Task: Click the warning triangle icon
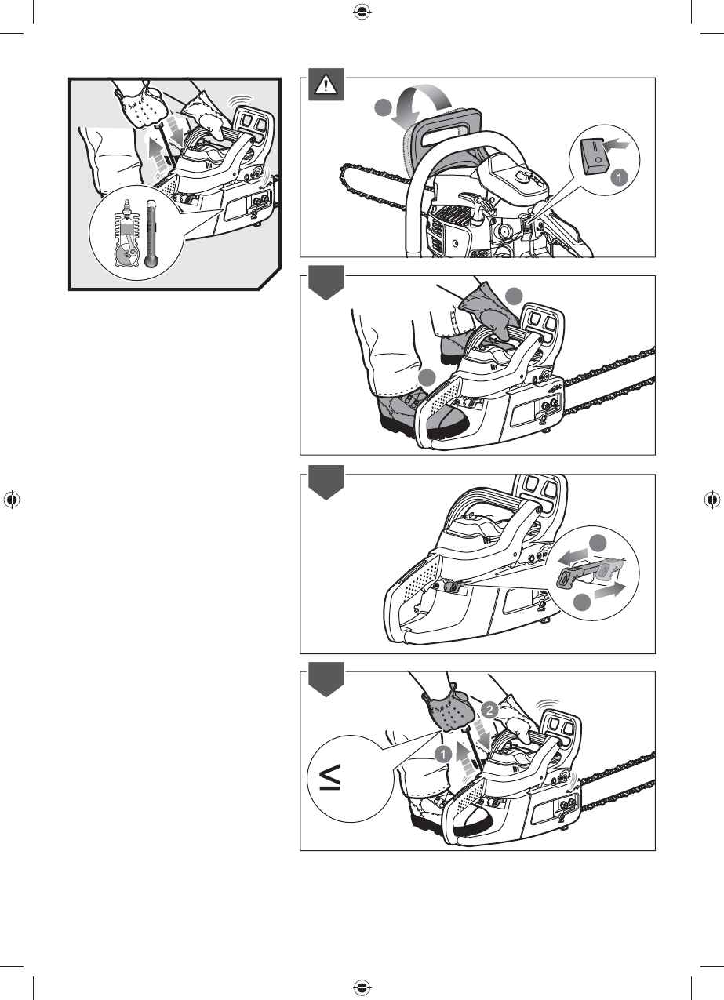coord(326,85)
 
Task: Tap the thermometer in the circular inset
coord(151,234)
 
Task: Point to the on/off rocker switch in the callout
coord(595,157)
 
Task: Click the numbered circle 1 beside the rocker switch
coord(619,178)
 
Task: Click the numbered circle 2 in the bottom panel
coord(489,710)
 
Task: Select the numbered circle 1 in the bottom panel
coord(443,755)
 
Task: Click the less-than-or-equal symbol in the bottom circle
coord(331,777)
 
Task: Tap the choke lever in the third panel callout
coord(588,573)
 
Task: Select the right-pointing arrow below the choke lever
coord(610,590)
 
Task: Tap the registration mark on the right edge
coord(711,500)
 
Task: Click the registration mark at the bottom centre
coord(362,987)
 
